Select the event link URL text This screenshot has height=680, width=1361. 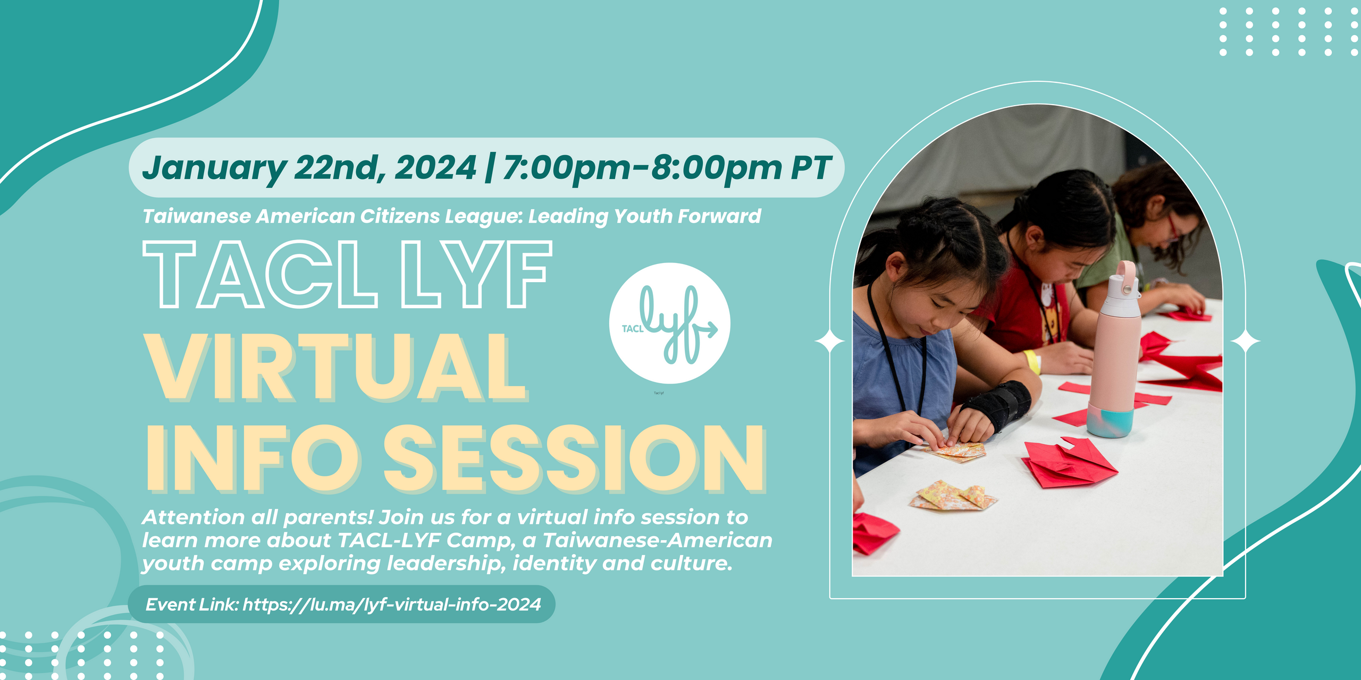click(x=392, y=605)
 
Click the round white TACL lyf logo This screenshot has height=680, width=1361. click(x=669, y=323)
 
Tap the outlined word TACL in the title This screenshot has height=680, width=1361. click(x=261, y=274)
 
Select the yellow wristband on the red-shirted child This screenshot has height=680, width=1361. click(x=1032, y=362)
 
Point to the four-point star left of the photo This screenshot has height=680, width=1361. click(x=830, y=341)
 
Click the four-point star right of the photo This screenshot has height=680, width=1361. click(x=1245, y=341)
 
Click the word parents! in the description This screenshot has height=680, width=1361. click(x=328, y=517)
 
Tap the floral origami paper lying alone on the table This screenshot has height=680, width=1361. click(x=953, y=495)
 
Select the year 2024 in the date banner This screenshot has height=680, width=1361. click(x=435, y=168)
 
